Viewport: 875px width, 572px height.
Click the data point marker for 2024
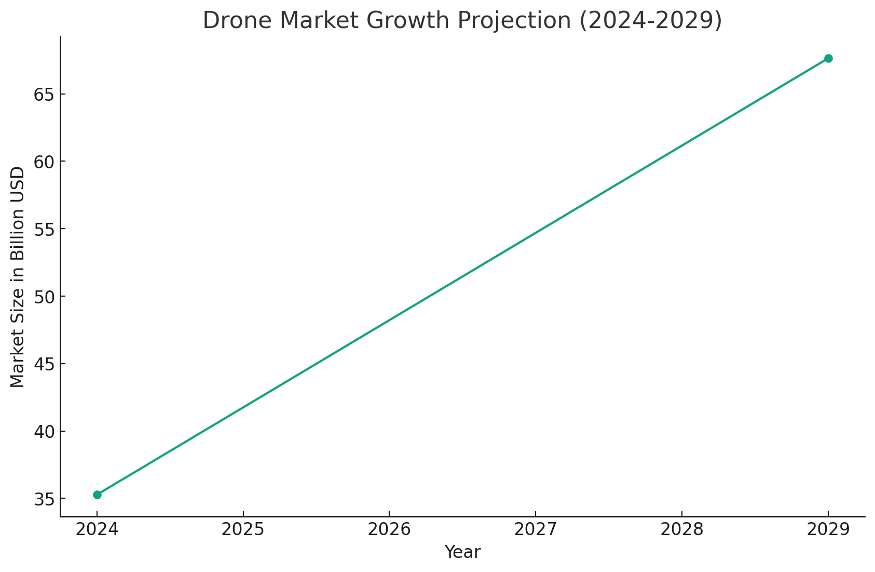pyautogui.click(x=97, y=495)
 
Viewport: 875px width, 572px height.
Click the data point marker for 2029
pyautogui.click(x=828, y=58)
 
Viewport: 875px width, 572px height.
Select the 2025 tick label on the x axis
pyautogui.click(x=243, y=529)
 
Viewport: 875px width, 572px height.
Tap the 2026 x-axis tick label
pyautogui.click(x=389, y=529)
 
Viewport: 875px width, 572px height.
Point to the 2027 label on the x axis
pyautogui.click(x=536, y=529)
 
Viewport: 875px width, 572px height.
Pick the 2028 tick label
pyautogui.click(x=682, y=529)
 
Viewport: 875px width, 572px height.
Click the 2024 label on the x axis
pyautogui.click(x=97, y=529)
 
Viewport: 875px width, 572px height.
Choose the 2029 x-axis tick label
pyautogui.click(x=828, y=529)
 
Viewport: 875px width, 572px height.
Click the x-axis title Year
pyautogui.click(x=462, y=552)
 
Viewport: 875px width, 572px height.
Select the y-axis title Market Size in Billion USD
pyautogui.click(x=18, y=277)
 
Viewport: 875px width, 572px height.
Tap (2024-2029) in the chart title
pyautogui.click(x=650, y=21)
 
